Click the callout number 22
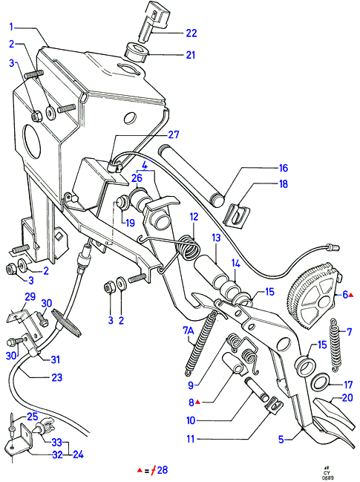tap(191, 33)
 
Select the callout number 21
tap(191, 55)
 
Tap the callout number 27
tap(174, 134)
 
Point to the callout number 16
tap(283, 168)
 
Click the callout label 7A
tap(189, 331)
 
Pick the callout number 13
tap(216, 238)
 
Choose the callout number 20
tap(347, 397)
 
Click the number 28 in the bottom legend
tap(163, 469)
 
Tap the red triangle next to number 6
tap(351, 295)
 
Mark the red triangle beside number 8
tap(198, 402)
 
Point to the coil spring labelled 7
tap(336, 345)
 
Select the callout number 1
tap(11, 27)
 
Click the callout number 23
tap(57, 377)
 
